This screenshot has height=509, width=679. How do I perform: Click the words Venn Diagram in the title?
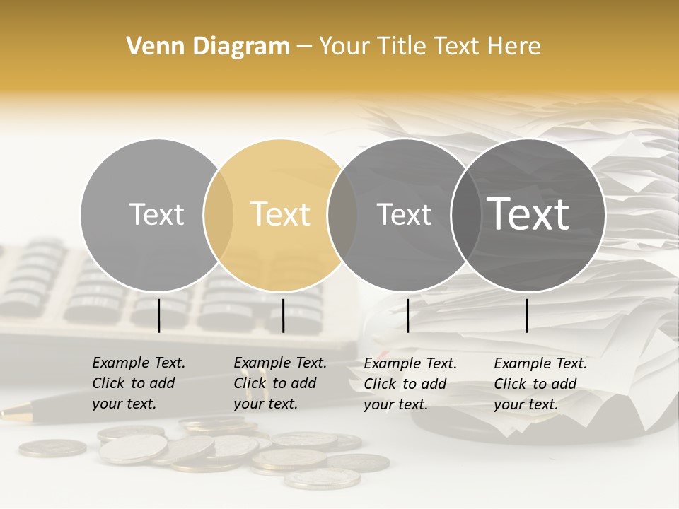pos(208,47)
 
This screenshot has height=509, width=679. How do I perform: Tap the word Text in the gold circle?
pos(280,214)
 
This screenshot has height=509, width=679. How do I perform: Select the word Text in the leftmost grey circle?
pos(156,214)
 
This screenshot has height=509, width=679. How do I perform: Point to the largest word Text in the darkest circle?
pos(528,214)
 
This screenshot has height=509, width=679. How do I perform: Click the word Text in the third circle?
pos(404,214)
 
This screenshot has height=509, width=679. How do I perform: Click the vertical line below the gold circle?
pos(283,315)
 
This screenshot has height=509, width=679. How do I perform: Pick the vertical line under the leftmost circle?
pos(158,315)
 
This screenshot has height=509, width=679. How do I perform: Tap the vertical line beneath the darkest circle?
pos(526,315)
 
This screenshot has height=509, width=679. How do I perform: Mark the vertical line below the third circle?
pos(407,315)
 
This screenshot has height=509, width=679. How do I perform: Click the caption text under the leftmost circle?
pos(138,383)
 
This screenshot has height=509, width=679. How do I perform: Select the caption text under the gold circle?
pos(279,383)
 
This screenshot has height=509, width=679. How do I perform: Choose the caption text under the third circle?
pos(410,384)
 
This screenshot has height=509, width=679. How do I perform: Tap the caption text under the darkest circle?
pos(540,384)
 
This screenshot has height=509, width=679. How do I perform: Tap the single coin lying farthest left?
pos(52,447)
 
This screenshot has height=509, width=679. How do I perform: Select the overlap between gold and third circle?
pos(342,215)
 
